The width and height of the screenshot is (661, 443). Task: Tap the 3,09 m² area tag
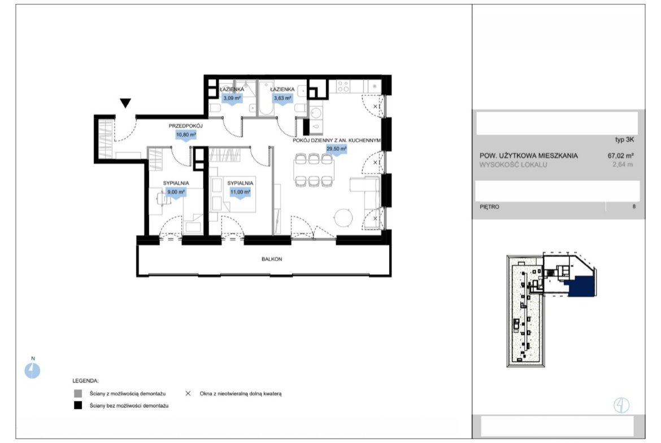tap(232, 99)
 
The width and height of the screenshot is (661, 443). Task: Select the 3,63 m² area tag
tap(282, 99)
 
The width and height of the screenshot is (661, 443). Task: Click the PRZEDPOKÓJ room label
tap(186, 126)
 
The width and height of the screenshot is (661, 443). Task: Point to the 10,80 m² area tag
tap(186, 135)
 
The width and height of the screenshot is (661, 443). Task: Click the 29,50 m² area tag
tap(336, 149)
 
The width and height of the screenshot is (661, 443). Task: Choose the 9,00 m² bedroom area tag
tap(176, 192)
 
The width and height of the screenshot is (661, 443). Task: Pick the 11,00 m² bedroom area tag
tap(240, 192)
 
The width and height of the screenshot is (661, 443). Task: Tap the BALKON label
tap(272, 259)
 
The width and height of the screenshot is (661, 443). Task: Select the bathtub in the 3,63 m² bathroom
tap(266, 99)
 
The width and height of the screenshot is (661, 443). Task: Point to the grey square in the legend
tap(78, 393)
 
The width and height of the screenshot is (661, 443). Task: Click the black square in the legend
tap(78, 406)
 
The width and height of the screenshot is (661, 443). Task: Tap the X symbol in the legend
tap(188, 393)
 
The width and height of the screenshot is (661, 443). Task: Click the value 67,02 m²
tap(620, 155)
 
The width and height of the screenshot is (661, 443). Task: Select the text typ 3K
tap(624, 140)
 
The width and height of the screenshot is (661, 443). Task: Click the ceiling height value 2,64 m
tap(623, 165)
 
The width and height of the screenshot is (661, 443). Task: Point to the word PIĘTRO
tap(489, 207)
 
